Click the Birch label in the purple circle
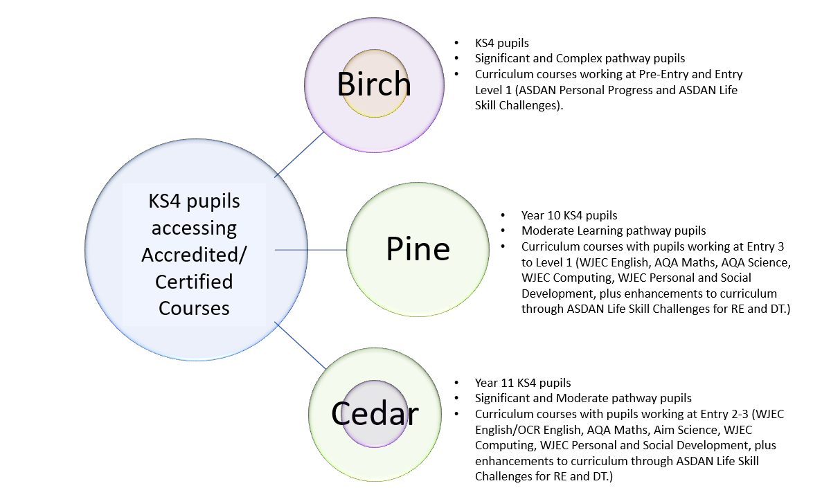coord(374,84)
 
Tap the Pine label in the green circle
coord(418,248)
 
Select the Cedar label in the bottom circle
coord(375,413)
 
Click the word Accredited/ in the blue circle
coord(194,255)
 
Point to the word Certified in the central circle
coord(194,282)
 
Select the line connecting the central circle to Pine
coord(311,249)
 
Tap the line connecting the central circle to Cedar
coord(300,344)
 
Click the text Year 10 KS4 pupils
coord(569,215)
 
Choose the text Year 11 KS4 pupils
coord(523,383)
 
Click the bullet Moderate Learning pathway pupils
coord(614,231)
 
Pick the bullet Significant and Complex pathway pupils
coord(580,58)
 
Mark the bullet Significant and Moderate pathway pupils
coord(583,398)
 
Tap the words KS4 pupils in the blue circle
coord(194,201)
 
